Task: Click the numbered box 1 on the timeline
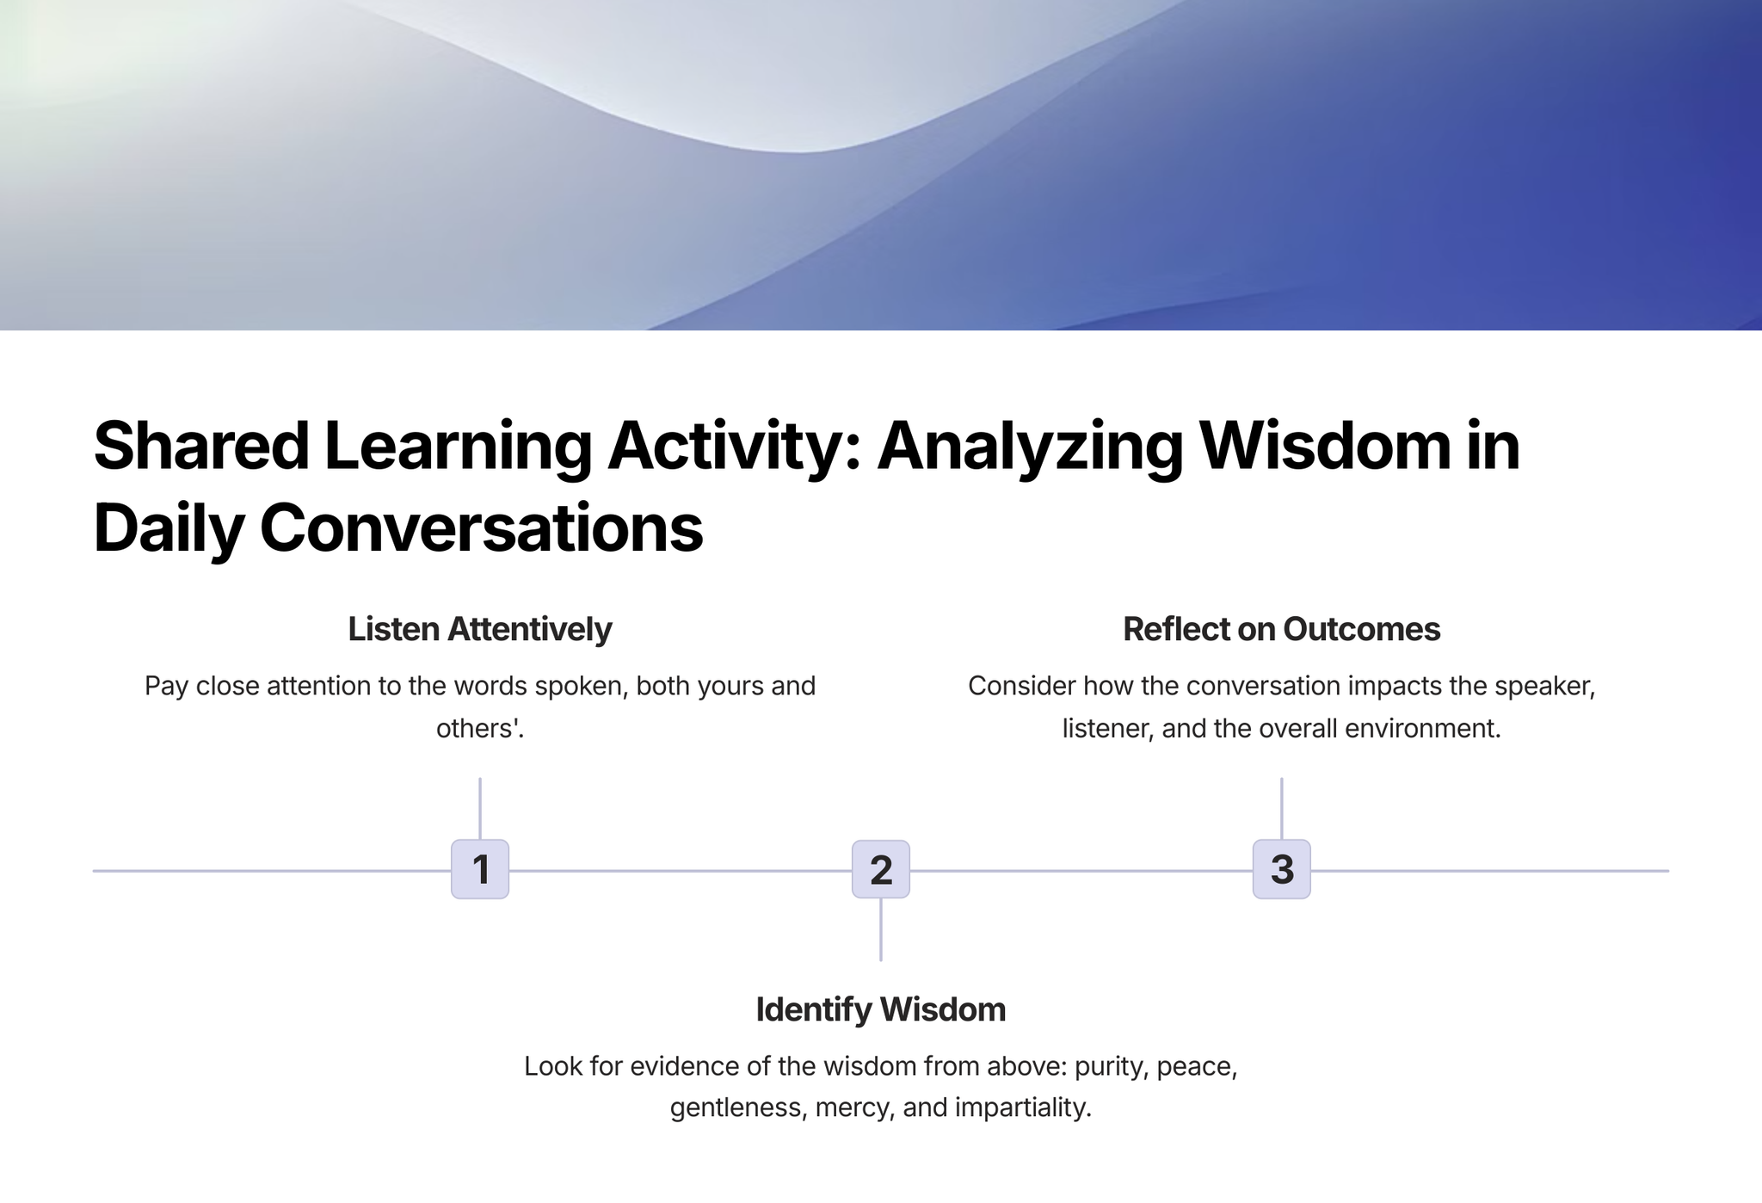pyautogui.click(x=480, y=869)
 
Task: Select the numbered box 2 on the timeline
pyautogui.click(x=881, y=869)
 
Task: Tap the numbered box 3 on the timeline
pyautogui.click(x=1282, y=869)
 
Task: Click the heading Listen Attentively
pyautogui.click(x=480, y=629)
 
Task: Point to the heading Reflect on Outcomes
pyautogui.click(x=1282, y=629)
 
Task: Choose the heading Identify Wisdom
pyautogui.click(x=881, y=1009)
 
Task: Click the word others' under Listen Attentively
pyautogui.click(x=480, y=728)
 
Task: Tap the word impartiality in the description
pyautogui.click(x=1023, y=1107)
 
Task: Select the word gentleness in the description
pyautogui.click(x=737, y=1107)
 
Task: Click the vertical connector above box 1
pyautogui.click(x=480, y=809)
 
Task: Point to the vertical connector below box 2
pyautogui.click(x=881, y=930)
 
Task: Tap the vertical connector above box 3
pyautogui.click(x=1282, y=809)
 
